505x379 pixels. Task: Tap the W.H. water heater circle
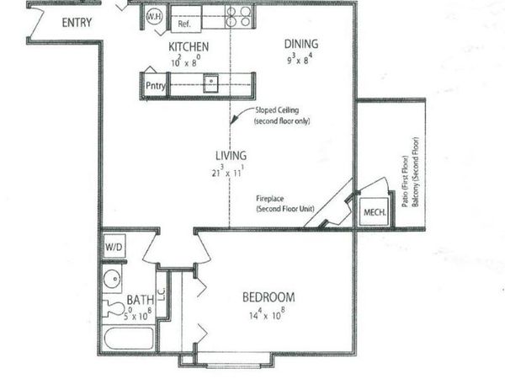pyautogui.click(x=154, y=16)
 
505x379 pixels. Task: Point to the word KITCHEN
pyautogui.click(x=189, y=47)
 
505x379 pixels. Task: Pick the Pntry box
pyautogui.click(x=154, y=85)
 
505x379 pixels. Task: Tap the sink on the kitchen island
pyautogui.click(x=213, y=83)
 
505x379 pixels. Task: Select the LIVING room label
pyautogui.click(x=230, y=155)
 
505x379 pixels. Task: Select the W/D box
pyautogui.click(x=114, y=248)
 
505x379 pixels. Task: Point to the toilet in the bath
pyautogui.click(x=111, y=309)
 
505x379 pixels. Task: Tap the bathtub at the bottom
pyautogui.click(x=127, y=341)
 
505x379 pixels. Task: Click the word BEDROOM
pyautogui.click(x=268, y=297)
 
